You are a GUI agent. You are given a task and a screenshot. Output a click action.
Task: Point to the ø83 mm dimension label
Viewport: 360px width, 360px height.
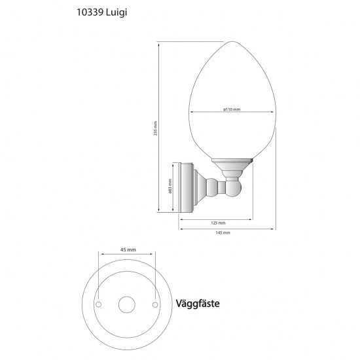170,188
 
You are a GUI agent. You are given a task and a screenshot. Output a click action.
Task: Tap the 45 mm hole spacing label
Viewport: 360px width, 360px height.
128,250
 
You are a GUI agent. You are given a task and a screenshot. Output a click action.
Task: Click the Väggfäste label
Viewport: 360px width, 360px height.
198,304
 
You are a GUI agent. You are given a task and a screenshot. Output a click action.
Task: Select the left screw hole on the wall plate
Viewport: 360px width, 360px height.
98,305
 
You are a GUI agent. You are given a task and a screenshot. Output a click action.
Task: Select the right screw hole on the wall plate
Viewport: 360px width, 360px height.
156,305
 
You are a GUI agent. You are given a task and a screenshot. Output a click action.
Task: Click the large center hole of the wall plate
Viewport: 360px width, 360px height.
127,305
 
